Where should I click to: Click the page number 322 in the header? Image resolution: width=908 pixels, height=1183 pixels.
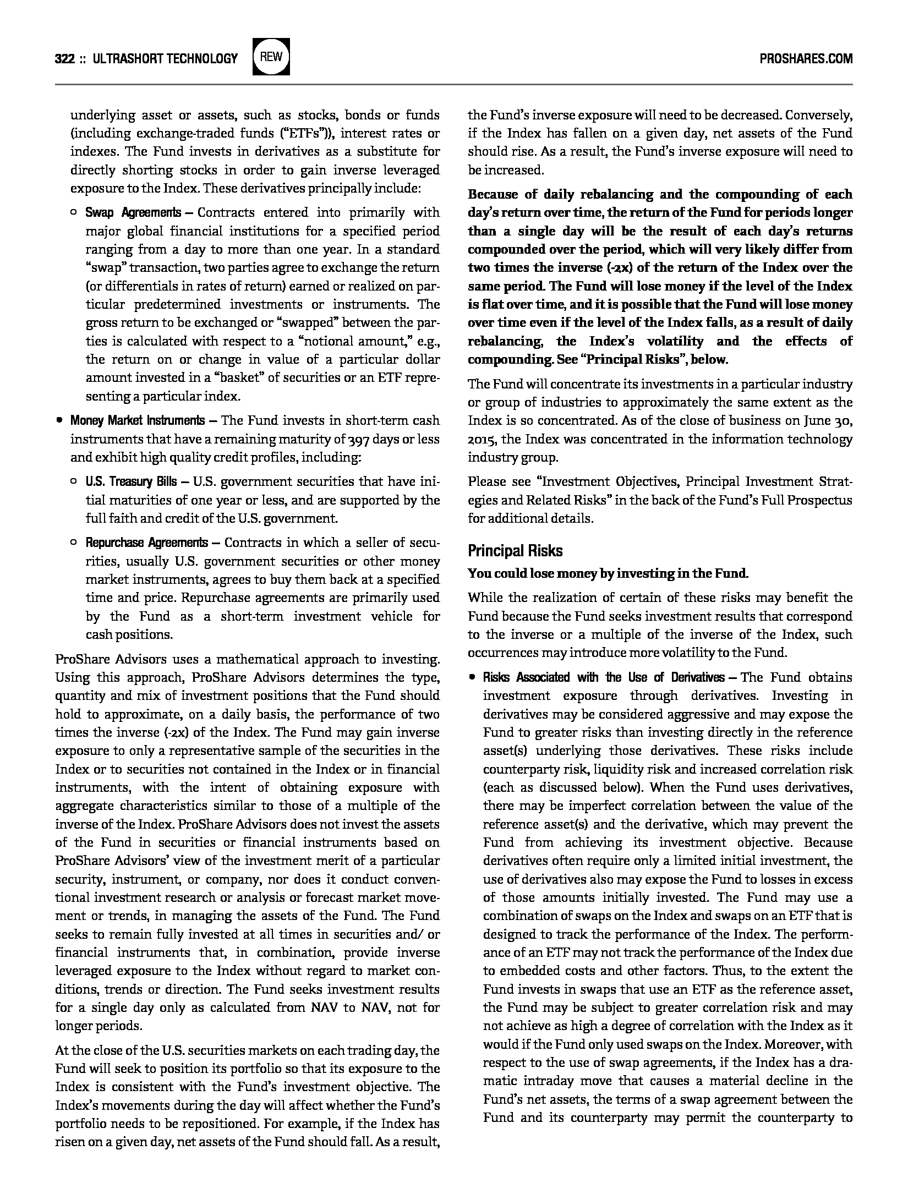click(x=64, y=58)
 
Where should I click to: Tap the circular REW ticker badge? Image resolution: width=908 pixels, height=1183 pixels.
click(x=271, y=57)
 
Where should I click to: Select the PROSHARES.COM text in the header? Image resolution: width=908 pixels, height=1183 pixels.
click(x=806, y=58)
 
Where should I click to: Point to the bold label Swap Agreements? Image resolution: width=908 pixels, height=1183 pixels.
click(x=133, y=213)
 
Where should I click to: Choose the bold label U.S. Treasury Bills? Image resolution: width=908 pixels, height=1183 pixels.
click(x=131, y=482)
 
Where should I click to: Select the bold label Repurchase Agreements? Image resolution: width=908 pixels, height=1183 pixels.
click(x=146, y=543)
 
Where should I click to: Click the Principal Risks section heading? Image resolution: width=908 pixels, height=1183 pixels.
click(x=515, y=551)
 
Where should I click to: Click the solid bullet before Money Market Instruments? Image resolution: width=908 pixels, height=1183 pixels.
click(x=59, y=421)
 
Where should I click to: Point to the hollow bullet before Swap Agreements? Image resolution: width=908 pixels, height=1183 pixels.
click(x=74, y=213)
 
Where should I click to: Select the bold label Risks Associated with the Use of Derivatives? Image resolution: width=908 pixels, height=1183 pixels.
click(x=604, y=677)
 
